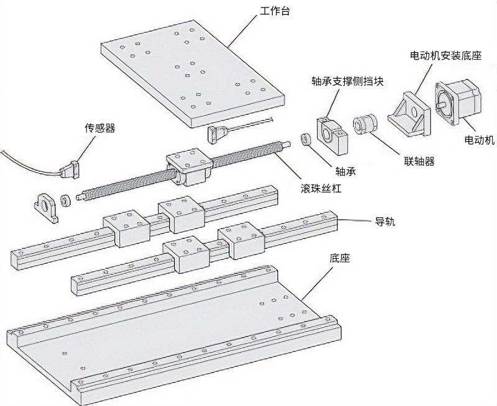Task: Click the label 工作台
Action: (273, 11)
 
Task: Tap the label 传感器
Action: (100, 129)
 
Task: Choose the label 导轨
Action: (385, 222)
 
